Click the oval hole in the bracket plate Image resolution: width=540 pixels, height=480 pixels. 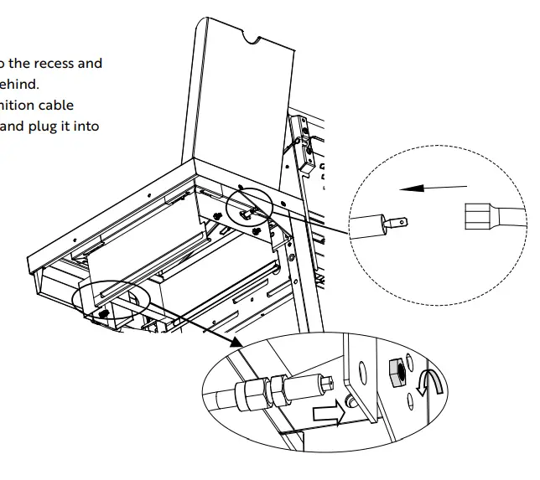coord(361,374)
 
